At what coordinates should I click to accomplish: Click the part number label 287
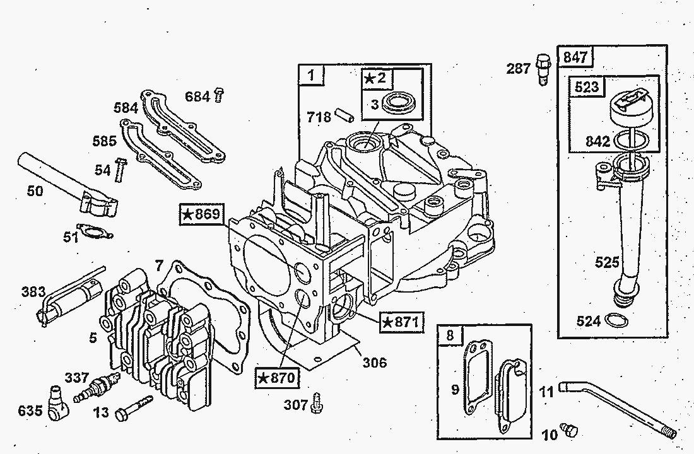pyautogui.click(x=518, y=69)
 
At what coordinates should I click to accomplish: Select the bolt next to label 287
pyautogui.click(x=543, y=69)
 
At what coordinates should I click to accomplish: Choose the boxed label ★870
pyautogui.click(x=277, y=378)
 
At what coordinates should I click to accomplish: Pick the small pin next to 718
pyautogui.click(x=344, y=115)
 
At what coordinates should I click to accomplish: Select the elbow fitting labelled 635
pyautogui.click(x=58, y=403)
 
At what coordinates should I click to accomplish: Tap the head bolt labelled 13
pyautogui.click(x=133, y=408)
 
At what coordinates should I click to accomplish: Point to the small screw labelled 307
pyautogui.click(x=317, y=403)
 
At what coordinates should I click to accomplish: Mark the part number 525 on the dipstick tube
pyautogui.click(x=607, y=262)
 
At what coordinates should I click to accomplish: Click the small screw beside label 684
pyautogui.click(x=219, y=95)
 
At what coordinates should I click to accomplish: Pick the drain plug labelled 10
pyautogui.click(x=568, y=429)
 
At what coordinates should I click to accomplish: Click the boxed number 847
pyautogui.click(x=575, y=57)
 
